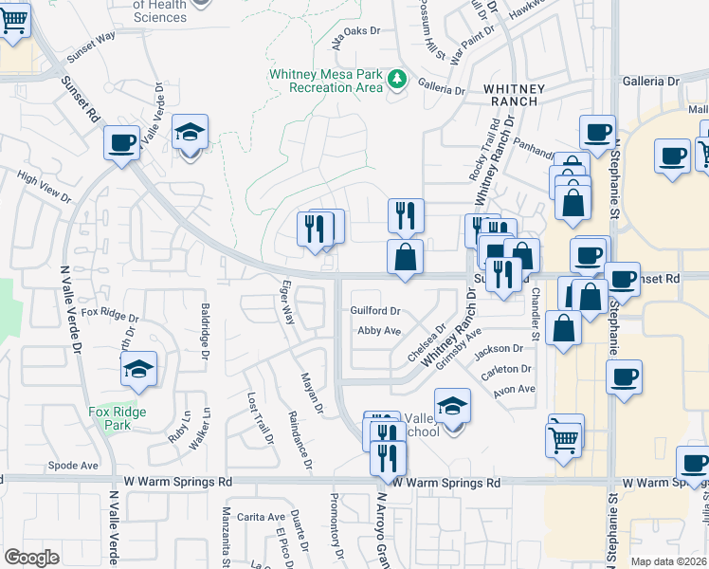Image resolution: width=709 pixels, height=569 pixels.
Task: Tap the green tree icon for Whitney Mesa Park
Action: pyautogui.click(x=398, y=80)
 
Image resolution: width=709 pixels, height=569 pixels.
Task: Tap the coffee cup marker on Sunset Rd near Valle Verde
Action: pyautogui.click(x=122, y=144)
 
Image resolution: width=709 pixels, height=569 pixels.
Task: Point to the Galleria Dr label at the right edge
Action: pyautogui.click(x=651, y=82)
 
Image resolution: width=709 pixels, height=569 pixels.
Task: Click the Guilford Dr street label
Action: pyautogui.click(x=376, y=310)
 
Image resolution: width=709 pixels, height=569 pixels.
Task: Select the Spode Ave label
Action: pyautogui.click(x=73, y=466)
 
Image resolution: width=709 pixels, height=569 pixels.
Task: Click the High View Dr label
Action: pyautogui.click(x=44, y=186)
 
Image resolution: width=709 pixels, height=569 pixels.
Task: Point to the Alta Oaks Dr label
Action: pyautogui.click(x=355, y=31)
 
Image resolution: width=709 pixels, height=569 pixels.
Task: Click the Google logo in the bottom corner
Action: pyautogui.click(x=31, y=557)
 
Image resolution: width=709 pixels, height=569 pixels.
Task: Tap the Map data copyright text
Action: pyautogui.click(x=668, y=561)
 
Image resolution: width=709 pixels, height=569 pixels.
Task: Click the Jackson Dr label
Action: pyautogui.click(x=499, y=350)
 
